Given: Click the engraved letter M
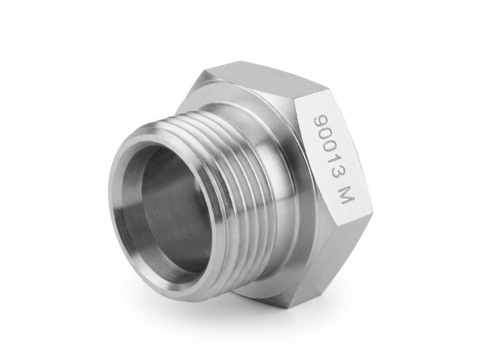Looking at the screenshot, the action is point(346,197).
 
